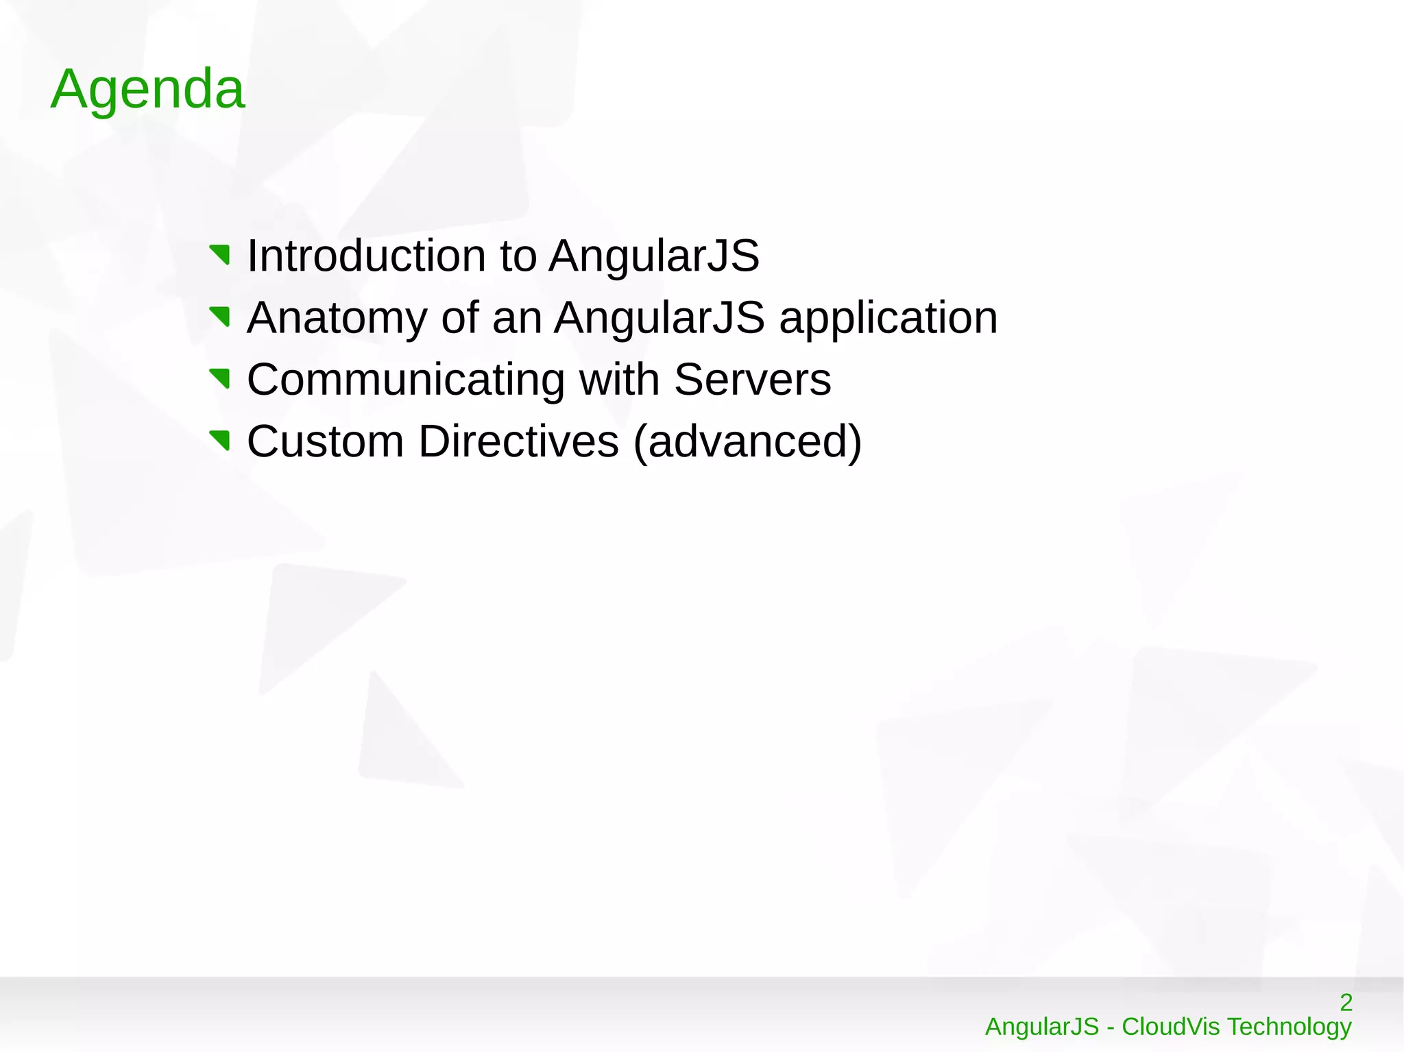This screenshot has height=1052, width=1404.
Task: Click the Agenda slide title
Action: pyautogui.click(x=147, y=89)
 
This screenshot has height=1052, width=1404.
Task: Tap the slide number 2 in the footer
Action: pyautogui.click(x=1346, y=1002)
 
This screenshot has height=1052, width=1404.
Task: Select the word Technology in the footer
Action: pyautogui.click(x=1289, y=1027)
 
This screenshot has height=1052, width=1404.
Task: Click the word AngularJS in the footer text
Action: pyautogui.click(x=1042, y=1027)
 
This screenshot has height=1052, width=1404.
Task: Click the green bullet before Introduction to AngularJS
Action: pyautogui.click(x=220, y=255)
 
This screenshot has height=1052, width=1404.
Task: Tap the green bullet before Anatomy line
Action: pyautogui.click(x=220, y=317)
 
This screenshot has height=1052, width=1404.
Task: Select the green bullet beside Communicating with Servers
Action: pyautogui.click(x=220, y=378)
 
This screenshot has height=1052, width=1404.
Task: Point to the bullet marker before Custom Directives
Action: pyautogui.click(x=220, y=440)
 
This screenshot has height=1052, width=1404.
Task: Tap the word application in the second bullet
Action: pyautogui.click(x=888, y=319)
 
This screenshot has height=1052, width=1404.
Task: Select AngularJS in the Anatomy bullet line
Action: pyautogui.click(x=659, y=317)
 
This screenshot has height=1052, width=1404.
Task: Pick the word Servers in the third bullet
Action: pyautogui.click(x=752, y=379)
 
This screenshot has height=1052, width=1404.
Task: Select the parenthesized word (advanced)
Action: pyautogui.click(x=747, y=442)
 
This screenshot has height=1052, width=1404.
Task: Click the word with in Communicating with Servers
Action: pyautogui.click(x=619, y=379)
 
